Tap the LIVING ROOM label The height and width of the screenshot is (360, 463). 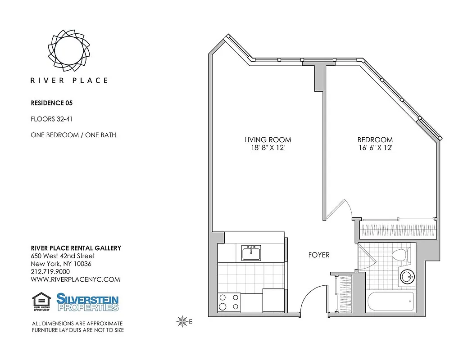[x=268, y=140]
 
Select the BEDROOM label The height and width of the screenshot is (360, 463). [x=375, y=140]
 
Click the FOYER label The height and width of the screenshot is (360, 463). [x=318, y=255]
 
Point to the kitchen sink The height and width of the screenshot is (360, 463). [x=251, y=253]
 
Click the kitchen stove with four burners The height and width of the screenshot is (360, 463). [x=229, y=302]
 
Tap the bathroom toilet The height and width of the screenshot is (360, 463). [x=399, y=255]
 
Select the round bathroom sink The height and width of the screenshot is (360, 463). [x=408, y=276]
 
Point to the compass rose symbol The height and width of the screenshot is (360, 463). [x=182, y=321]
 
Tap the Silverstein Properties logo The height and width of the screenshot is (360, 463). [x=87, y=302]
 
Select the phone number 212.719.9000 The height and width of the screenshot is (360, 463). [x=50, y=272]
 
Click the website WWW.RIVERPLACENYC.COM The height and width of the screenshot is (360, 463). [x=75, y=279]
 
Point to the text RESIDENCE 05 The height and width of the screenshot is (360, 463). [x=51, y=103]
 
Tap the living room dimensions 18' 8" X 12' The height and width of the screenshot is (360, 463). [x=268, y=148]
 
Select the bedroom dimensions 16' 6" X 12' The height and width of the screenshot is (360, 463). [x=375, y=148]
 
